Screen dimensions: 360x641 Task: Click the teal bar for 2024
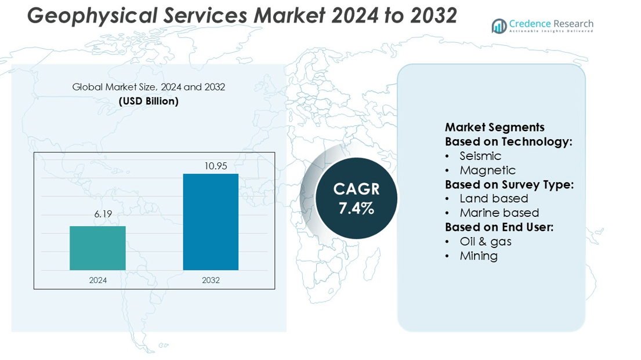pyautogui.click(x=97, y=248)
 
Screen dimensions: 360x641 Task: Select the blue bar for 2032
pyautogui.click(x=211, y=222)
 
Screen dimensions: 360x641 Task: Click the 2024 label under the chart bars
pyautogui.click(x=97, y=280)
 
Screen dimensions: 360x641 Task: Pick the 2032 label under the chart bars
pyautogui.click(x=211, y=280)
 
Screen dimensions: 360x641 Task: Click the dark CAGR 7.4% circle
pyautogui.click(x=356, y=198)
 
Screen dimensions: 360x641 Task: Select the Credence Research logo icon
pyautogui.click(x=499, y=26)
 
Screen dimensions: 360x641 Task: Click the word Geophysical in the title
pyautogui.click(x=87, y=16)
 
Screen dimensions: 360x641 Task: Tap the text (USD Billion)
pyautogui.click(x=149, y=101)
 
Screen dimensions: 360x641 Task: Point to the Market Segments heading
pyautogui.click(x=494, y=128)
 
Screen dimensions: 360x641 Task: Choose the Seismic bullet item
pyautogui.click(x=480, y=156)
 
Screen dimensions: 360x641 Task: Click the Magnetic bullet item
pyautogui.click(x=487, y=170)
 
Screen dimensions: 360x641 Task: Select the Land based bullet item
pyautogui.click(x=494, y=199)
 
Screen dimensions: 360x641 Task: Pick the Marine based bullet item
pyautogui.click(x=499, y=213)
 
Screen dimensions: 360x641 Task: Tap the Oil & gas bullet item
pyautogui.click(x=485, y=241)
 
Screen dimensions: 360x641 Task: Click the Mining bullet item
pyautogui.click(x=479, y=256)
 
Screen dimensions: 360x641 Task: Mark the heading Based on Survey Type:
pyautogui.click(x=509, y=184)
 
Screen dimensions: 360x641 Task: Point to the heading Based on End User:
pyautogui.click(x=499, y=227)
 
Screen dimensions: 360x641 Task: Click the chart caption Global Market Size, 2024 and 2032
pyautogui.click(x=149, y=87)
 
